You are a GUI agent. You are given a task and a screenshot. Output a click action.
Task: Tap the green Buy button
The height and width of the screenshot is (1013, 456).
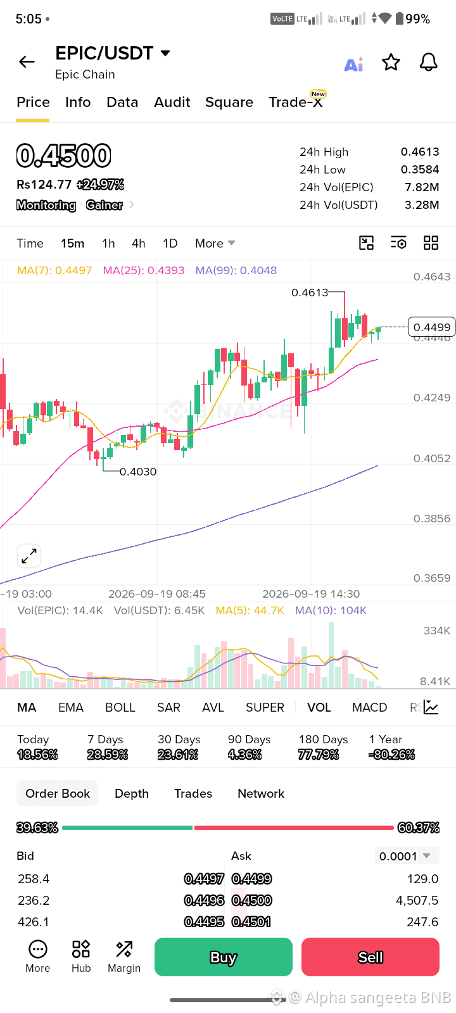tap(224, 957)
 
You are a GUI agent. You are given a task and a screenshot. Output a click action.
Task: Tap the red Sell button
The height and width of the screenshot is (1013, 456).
tap(370, 957)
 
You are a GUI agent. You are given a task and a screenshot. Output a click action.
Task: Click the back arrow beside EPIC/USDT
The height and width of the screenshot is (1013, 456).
tap(27, 61)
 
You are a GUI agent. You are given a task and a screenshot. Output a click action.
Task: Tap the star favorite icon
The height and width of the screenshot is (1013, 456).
tap(391, 62)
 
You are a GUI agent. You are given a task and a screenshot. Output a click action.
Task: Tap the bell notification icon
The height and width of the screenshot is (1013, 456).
tap(428, 62)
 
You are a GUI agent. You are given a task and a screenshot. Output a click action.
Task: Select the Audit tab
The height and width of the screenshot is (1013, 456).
tap(172, 102)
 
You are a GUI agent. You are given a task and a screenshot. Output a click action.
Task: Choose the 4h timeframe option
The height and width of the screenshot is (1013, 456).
tap(139, 243)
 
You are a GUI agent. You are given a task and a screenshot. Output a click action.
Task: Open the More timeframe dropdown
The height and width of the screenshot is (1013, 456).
tap(215, 243)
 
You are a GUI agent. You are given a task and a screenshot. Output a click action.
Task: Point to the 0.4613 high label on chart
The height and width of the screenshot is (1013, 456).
tap(310, 293)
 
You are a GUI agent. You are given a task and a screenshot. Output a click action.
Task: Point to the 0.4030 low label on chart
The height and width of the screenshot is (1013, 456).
tap(138, 472)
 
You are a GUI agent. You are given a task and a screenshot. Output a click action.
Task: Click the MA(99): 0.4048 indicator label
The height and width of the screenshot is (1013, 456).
tap(236, 270)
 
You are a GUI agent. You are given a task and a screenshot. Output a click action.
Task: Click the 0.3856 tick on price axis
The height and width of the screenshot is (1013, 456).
tap(431, 519)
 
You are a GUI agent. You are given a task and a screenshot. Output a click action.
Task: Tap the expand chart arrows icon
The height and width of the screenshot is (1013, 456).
tap(29, 556)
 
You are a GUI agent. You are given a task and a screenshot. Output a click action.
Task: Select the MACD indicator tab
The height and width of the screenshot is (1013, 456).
tap(370, 707)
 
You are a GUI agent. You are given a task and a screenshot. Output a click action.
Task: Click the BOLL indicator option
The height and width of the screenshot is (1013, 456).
tap(120, 707)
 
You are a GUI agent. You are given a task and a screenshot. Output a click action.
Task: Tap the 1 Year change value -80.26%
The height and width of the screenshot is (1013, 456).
tap(392, 754)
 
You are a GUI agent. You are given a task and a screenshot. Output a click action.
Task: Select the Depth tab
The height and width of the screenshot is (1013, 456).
tap(132, 793)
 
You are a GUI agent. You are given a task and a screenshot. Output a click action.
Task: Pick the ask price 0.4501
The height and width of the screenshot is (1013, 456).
tap(251, 922)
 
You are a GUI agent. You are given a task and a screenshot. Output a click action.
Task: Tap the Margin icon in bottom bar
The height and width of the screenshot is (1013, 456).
tap(124, 956)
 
